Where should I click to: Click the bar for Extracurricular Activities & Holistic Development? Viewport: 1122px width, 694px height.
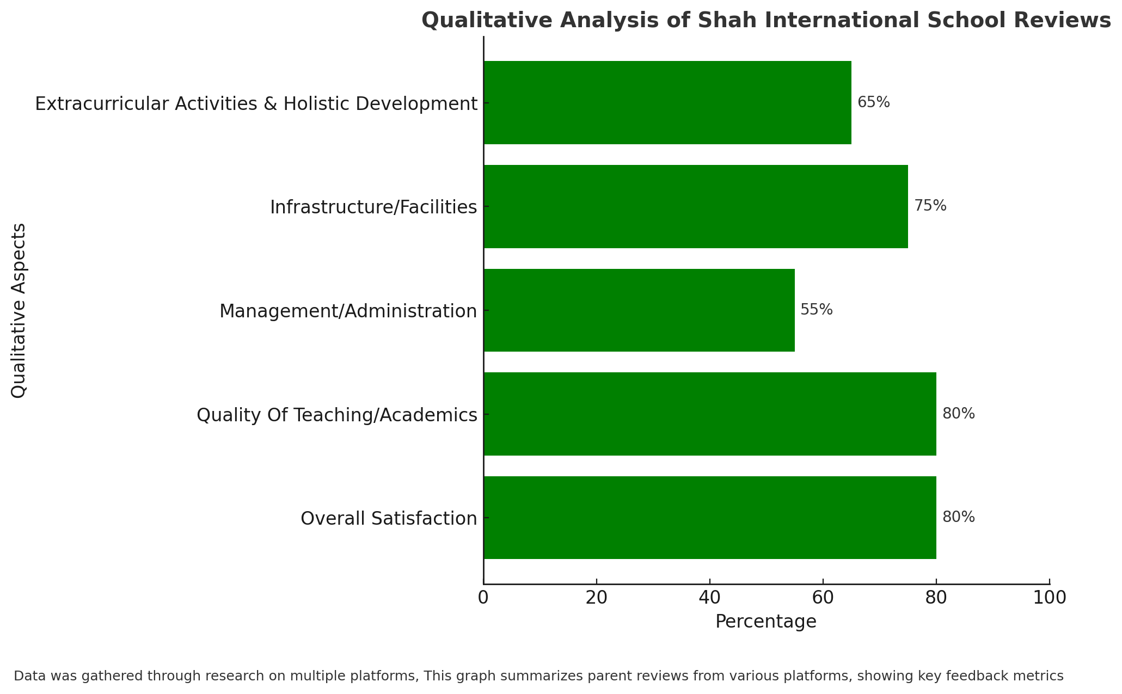pos(667,102)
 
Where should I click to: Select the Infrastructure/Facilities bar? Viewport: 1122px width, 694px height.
pos(696,206)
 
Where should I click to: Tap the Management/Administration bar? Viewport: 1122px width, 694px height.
pos(639,310)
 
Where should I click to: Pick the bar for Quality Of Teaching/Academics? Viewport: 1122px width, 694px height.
pos(710,414)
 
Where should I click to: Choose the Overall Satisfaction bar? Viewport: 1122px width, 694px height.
pos(710,518)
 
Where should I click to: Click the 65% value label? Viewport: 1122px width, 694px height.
pos(874,102)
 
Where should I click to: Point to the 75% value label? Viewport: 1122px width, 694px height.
pos(930,206)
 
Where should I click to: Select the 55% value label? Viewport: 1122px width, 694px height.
pos(817,310)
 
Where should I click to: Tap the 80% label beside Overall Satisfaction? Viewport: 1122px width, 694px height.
pos(959,517)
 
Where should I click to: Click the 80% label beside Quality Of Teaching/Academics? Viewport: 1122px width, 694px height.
pos(959,414)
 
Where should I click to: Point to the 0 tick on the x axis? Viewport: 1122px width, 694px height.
pos(483,598)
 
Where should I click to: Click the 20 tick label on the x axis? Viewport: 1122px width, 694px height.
pos(597,598)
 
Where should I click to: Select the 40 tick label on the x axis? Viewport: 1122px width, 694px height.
pos(710,598)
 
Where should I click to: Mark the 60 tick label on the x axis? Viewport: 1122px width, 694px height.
pos(823,598)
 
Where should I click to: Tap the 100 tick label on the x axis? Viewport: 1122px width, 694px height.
pos(1050,598)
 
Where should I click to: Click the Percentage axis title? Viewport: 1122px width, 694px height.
pos(766,622)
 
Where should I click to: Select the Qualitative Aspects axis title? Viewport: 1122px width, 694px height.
pos(19,310)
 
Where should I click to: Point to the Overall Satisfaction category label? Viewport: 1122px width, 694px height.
pos(389,518)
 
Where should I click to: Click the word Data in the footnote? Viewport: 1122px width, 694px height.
pos(28,676)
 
